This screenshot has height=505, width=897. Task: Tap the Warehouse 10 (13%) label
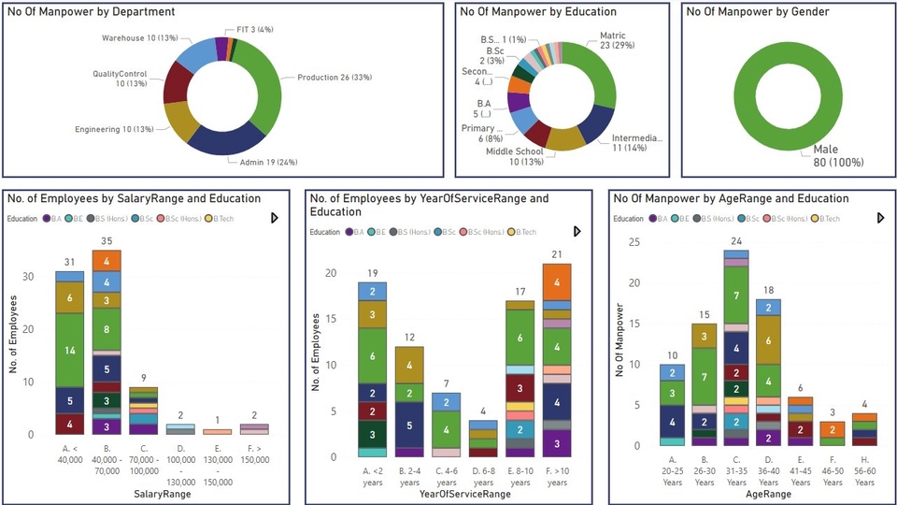pyautogui.click(x=138, y=38)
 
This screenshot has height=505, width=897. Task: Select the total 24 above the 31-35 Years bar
pyautogui.click(x=735, y=241)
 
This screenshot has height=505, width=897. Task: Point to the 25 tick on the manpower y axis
pyautogui.click(x=634, y=242)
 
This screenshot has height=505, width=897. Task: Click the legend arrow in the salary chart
pyautogui.click(x=274, y=218)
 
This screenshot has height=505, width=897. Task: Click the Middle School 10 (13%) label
pyautogui.click(x=514, y=156)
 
